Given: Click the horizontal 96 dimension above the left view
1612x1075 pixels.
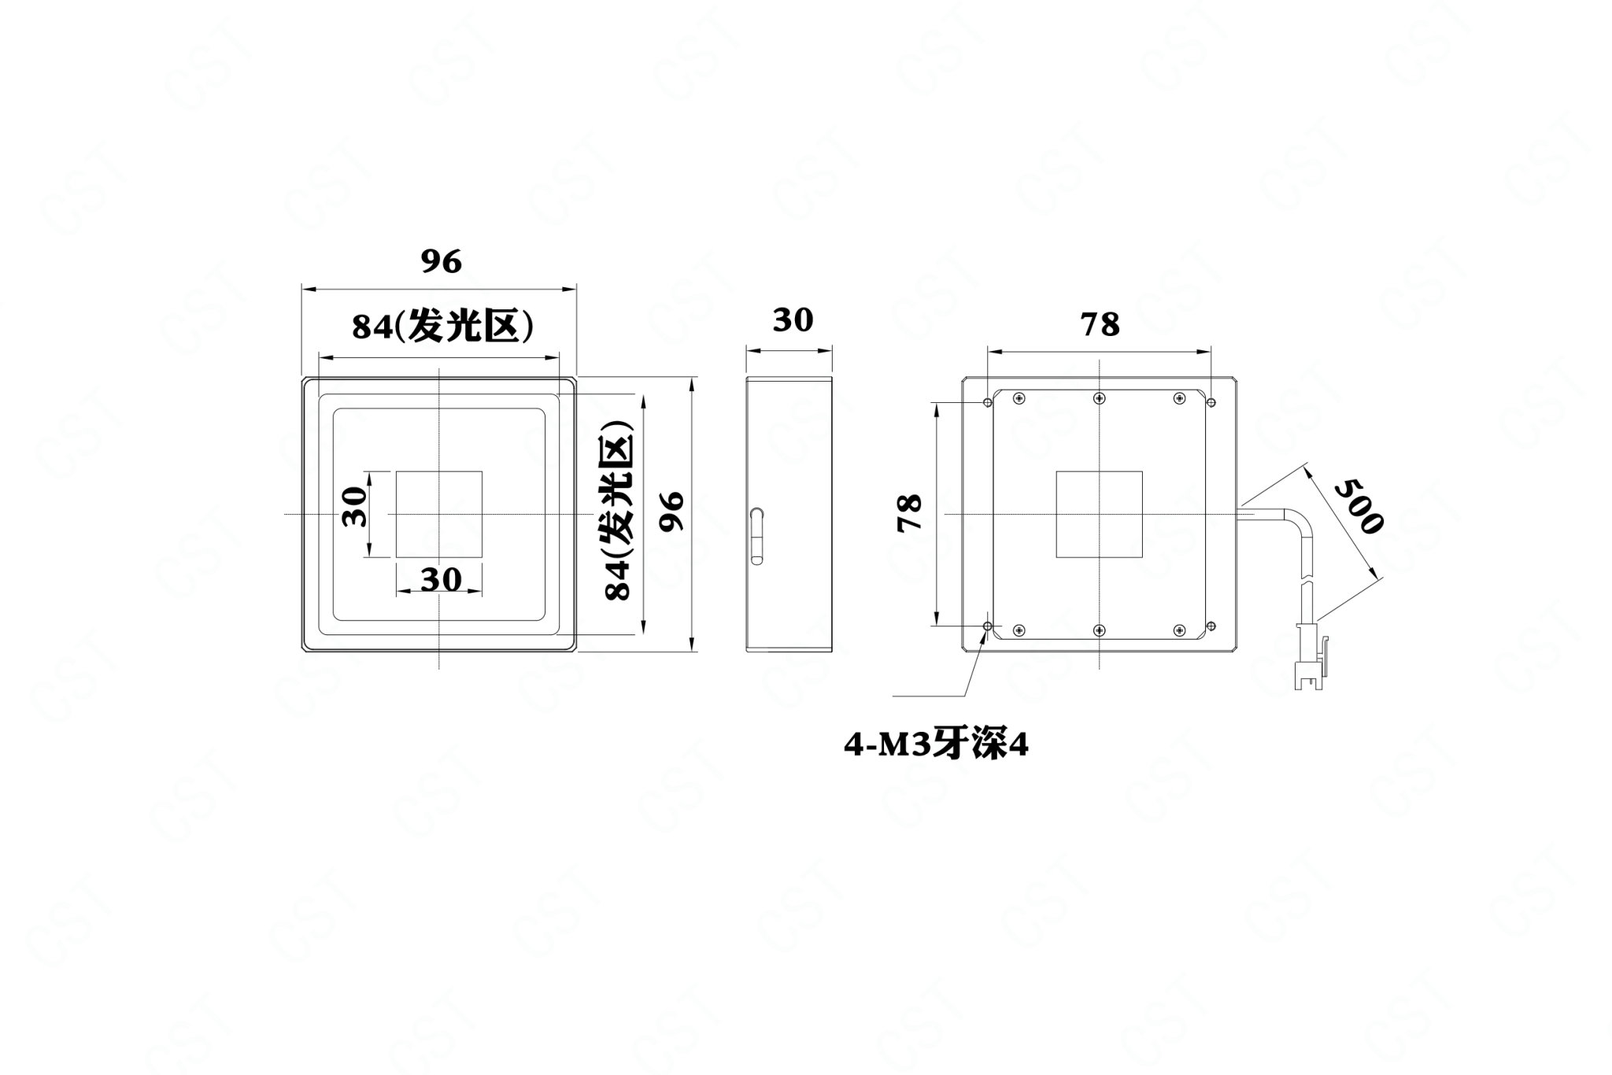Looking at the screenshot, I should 440,261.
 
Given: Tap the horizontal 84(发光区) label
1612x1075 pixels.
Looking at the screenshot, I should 442,327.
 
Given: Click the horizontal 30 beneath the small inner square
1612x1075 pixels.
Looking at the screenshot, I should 440,580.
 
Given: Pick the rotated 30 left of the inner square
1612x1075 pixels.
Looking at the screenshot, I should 355,507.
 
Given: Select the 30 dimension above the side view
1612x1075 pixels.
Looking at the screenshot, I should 792,320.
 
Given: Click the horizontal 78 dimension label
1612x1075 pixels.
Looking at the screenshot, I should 1100,324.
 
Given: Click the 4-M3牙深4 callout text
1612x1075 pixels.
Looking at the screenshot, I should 936,745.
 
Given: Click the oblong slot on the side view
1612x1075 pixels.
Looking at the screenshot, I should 756,536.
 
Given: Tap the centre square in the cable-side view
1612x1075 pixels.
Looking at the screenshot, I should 1099,515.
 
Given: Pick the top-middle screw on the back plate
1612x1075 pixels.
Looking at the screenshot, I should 1099,398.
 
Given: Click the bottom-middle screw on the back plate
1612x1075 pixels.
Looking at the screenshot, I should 1099,630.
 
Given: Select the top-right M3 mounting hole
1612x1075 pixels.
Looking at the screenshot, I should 1211,403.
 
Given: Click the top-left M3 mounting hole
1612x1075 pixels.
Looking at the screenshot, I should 988,403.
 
